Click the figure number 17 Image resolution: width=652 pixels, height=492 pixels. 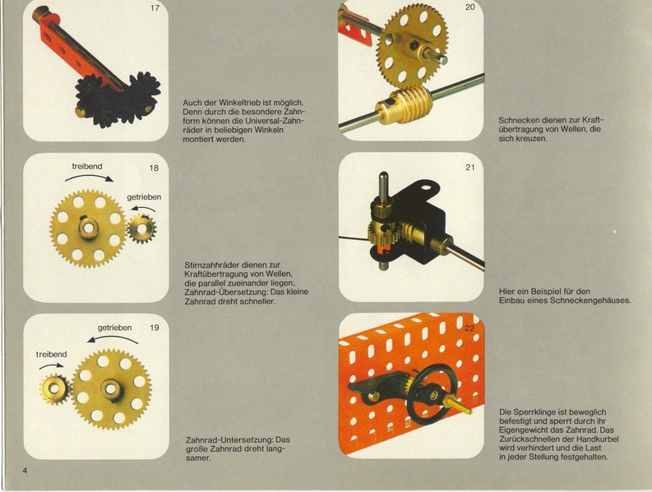coord(155,8)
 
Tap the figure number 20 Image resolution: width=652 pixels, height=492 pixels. coord(469,7)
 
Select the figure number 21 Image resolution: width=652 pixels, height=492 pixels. coord(469,168)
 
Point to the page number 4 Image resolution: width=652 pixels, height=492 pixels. coord(25,471)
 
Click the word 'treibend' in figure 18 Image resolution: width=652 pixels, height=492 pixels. coord(87,166)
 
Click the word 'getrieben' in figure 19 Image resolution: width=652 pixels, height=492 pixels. coord(115,328)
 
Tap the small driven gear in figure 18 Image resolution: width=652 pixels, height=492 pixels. coord(141,228)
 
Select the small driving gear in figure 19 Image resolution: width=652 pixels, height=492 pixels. coord(55,389)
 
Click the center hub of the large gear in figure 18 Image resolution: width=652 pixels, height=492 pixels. coord(89,228)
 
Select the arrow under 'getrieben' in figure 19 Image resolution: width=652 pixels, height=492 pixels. coord(113,338)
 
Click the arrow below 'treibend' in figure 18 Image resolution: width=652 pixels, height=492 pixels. coord(89,177)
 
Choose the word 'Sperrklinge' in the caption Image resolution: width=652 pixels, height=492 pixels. coord(533,412)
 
